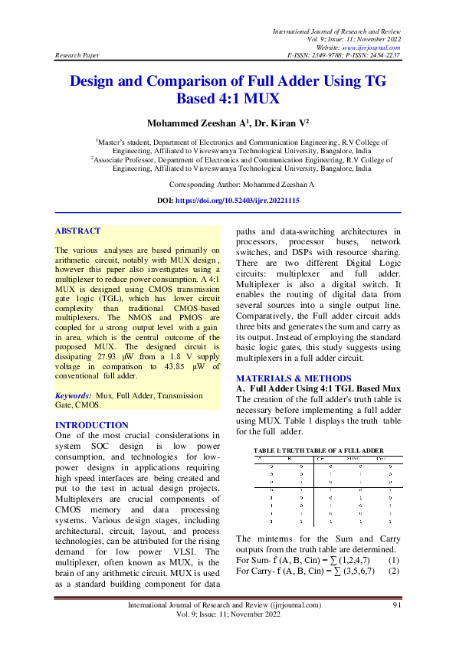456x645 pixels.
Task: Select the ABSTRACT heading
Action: point(77,231)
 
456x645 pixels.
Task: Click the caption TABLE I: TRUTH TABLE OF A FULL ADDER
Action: point(318,449)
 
